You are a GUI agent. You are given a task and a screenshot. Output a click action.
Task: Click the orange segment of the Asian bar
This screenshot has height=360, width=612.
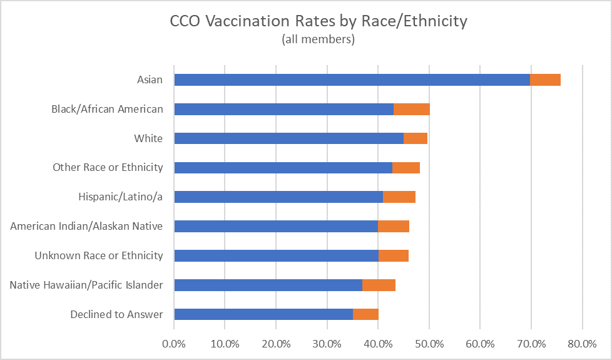click(545, 80)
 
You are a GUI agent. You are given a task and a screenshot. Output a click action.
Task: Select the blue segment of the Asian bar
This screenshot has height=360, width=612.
click(352, 80)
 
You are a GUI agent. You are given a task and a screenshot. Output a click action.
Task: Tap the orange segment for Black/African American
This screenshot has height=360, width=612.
click(412, 109)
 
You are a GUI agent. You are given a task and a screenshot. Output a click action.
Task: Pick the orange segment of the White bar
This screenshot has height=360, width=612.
click(416, 138)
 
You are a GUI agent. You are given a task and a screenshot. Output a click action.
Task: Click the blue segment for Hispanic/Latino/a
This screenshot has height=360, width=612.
click(278, 197)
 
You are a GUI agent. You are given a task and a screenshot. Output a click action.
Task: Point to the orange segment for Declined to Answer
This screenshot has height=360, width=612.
click(365, 314)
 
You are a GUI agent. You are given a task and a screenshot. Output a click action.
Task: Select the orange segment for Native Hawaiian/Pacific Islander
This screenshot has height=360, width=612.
click(379, 285)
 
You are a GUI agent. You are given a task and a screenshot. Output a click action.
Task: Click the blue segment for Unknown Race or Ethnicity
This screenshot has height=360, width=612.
click(276, 255)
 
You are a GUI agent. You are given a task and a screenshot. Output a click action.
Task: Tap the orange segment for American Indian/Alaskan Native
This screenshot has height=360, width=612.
click(393, 226)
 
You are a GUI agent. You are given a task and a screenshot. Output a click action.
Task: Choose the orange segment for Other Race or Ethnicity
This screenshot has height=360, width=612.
click(406, 167)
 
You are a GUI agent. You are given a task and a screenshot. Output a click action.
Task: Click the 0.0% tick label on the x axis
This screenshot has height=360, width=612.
click(174, 343)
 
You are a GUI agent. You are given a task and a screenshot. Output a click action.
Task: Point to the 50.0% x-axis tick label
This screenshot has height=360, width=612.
click(429, 343)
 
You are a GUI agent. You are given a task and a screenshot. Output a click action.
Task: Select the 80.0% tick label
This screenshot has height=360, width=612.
click(582, 343)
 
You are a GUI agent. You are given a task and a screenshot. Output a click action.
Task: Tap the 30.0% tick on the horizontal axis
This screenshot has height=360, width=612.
click(327, 343)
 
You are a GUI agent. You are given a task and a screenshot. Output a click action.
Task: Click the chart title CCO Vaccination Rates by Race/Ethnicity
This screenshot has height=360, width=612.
click(319, 21)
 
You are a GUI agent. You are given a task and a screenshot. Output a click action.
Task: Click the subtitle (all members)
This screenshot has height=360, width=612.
click(319, 39)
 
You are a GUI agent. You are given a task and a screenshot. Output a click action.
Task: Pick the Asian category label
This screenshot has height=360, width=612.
click(150, 80)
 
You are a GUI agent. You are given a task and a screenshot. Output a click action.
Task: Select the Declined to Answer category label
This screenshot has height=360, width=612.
click(116, 314)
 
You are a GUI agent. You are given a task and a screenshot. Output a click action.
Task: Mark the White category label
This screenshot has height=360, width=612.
click(148, 138)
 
